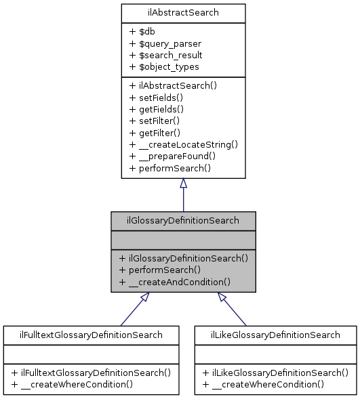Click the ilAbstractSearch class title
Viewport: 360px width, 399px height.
[x=183, y=13]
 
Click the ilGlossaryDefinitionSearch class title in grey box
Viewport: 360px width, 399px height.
[x=183, y=221]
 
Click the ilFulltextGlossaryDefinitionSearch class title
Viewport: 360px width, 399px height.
[x=91, y=335]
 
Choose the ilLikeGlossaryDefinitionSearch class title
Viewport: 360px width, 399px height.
[x=275, y=335]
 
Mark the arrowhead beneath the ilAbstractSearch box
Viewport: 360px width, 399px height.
[x=183, y=184]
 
